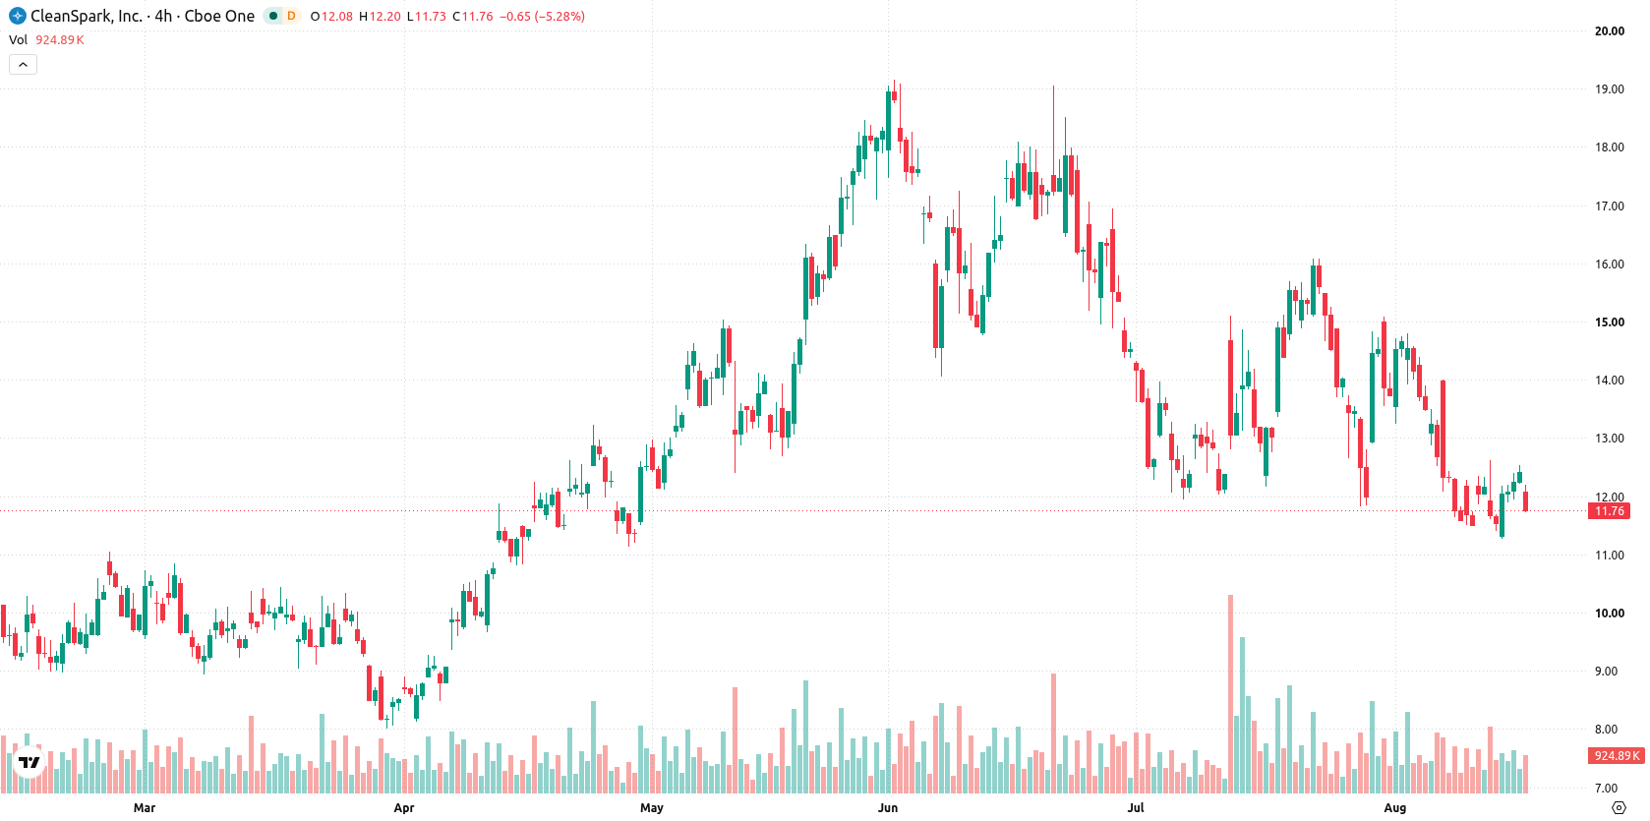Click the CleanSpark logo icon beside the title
(18, 16)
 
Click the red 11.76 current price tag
(1609, 511)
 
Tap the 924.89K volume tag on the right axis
(1617, 755)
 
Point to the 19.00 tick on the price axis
(1610, 89)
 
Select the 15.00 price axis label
(1610, 322)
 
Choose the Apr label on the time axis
(404, 808)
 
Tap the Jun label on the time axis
(888, 808)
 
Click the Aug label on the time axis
(1394, 808)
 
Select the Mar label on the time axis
(145, 808)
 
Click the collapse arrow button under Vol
(23, 65)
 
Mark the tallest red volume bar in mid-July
(1230, 693)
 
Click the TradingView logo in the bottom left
(29, 762)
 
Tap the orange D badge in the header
(291, 16)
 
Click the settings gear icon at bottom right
(1619, 808)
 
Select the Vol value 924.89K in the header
(60, 39)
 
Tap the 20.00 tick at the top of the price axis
(1610, 30)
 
